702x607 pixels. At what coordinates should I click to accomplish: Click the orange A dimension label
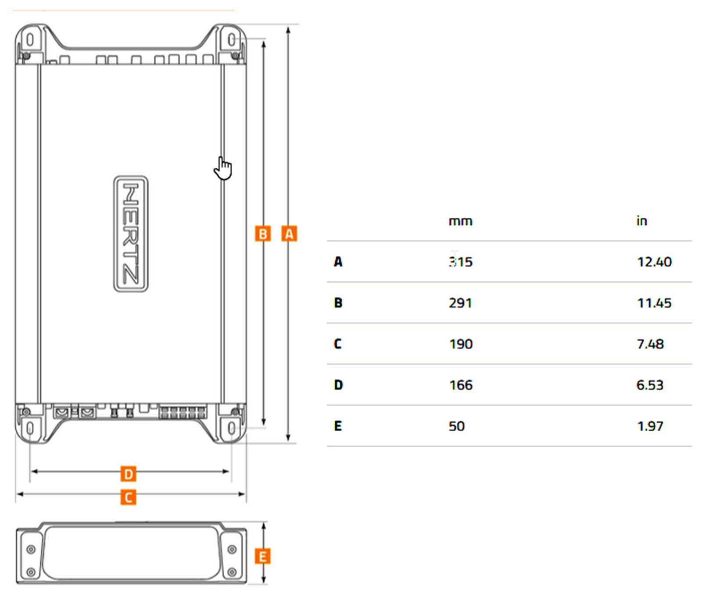pos(289,234)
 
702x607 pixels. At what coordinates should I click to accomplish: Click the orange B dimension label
pos(263,234)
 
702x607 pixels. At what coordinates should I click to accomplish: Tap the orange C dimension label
pos(128,497)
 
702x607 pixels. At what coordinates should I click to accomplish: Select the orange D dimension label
pos(128,474)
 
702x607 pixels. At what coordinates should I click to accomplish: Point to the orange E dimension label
pos(263,557)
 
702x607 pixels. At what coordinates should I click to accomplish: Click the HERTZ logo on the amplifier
pos(131,234)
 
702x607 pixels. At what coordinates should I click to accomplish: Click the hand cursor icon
pos(223,168)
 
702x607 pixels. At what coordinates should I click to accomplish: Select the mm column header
pos(460,221)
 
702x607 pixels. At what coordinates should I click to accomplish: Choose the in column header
pos(642,220)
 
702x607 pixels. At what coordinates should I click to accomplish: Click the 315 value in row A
pos(460,262)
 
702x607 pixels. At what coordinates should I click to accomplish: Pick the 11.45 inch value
pos(654,303)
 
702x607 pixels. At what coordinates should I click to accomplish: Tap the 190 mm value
pos(461,344)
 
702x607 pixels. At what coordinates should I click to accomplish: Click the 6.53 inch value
pos(650,385)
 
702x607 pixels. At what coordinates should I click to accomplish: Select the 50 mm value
pos(456,426)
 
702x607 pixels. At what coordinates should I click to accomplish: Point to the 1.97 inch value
pos(650,426)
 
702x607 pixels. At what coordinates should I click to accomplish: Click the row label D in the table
pos(338,385)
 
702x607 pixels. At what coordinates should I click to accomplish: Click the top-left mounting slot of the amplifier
pos(30,39)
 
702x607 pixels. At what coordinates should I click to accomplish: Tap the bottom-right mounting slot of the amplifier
pos(231,428)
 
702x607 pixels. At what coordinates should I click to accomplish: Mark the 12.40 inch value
pos(654,262)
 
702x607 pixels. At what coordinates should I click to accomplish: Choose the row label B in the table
pos(338,303)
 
